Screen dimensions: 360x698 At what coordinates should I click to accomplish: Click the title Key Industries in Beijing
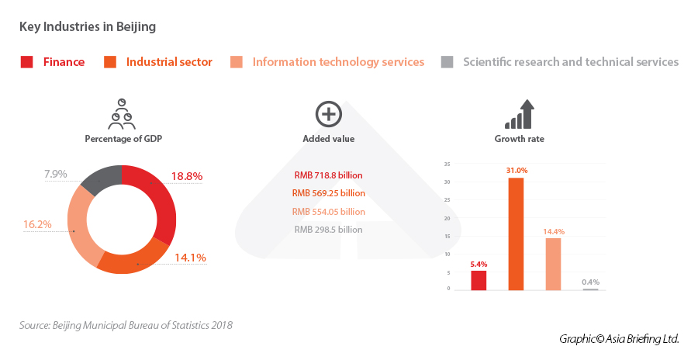point(88,27)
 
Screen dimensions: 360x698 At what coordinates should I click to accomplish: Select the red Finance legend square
point(26,62)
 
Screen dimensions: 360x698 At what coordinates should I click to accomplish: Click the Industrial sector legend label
point(169,62)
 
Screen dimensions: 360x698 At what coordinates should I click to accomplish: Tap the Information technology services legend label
point(338,62)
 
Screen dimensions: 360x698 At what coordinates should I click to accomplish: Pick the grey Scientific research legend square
point(447,62)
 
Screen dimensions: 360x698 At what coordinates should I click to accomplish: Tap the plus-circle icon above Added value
point(328,114)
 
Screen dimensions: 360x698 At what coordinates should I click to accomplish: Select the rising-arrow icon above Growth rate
point(520,114)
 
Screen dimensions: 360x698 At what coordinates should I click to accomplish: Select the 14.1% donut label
point(190,257)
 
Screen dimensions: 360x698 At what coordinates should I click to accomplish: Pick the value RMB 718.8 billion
point(328,175)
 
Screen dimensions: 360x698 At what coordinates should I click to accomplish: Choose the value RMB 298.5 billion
point(328,230)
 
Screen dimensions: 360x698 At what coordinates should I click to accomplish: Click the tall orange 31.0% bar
point(516,234)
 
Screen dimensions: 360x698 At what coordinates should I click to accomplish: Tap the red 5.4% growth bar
point(479,280)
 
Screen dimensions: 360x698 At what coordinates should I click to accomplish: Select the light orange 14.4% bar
point(553,264)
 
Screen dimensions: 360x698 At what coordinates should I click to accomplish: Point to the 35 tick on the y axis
point(447,164)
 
